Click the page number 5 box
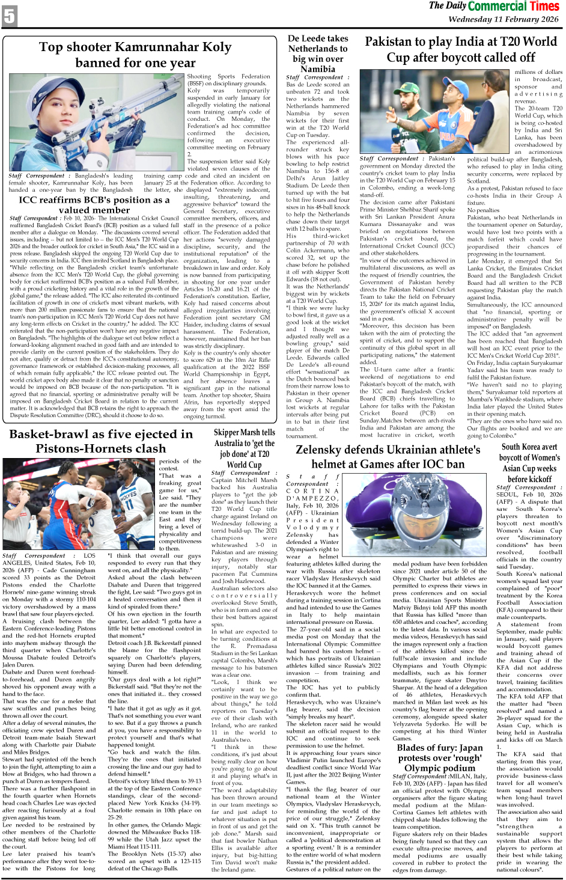[9, 16]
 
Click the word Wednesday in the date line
[471, 19]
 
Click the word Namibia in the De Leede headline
[318, 69]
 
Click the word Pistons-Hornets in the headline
[100, 449]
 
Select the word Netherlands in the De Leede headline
[318, 49]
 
